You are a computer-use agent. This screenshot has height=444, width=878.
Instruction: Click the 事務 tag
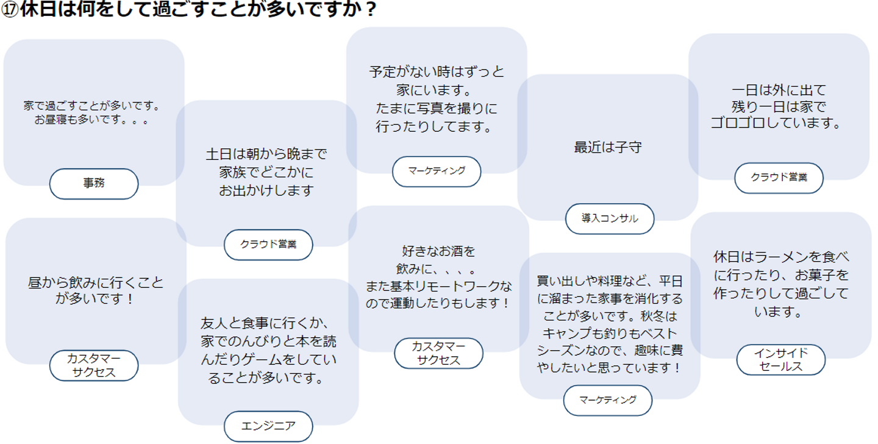point(94,184)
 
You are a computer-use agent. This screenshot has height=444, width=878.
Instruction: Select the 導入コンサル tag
point(610,218)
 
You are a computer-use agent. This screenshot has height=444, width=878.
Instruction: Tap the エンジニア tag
point(268,426)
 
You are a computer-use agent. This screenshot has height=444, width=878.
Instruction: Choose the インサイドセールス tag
point(781,360)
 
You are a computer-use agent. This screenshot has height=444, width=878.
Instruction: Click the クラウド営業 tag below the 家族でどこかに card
point(268,245)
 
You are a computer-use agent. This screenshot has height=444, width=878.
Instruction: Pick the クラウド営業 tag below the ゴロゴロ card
point(779,177)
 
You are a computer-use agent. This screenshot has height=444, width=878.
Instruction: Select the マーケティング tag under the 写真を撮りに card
point(437,171)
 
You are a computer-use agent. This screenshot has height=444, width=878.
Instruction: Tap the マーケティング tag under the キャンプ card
point(608,400)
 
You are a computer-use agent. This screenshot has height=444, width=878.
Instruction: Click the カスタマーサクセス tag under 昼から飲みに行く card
point(94,365)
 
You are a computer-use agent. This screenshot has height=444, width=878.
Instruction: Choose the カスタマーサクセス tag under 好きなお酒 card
point(438,353)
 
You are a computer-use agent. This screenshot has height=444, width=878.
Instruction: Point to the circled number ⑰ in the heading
point(10,9)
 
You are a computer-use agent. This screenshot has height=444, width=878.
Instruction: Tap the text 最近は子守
point(608,148)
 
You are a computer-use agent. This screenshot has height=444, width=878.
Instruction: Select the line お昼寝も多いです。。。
point(91,120)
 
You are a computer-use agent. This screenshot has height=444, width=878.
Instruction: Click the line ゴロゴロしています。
point(776,123)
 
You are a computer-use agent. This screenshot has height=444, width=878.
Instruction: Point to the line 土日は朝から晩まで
point(266,154)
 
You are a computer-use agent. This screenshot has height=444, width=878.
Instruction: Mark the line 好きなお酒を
point(438,251)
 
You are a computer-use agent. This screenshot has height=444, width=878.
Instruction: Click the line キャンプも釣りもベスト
point(610,334)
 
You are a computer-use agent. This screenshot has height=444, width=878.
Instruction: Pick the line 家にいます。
point(434,90)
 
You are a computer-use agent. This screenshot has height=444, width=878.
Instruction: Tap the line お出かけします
point(266,191)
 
